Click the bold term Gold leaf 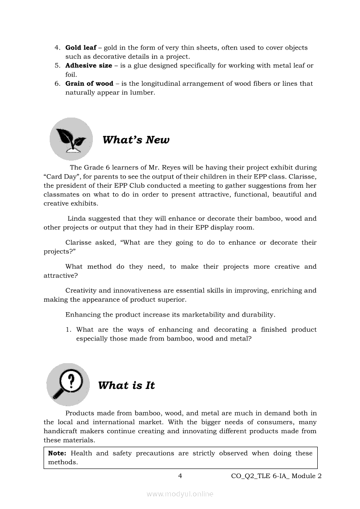[x=81, y=47]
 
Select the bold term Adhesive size [x=88, y=65]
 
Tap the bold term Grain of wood [x=89, y=83]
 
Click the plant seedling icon [x=71, y=139]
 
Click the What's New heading [x=136, y=140]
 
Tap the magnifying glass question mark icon [x=68, y=384]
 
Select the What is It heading [x=126, y=385]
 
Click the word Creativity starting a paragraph [x=82, y=290]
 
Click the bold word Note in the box [x=57, y=453]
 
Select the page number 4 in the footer [x=180, y=476]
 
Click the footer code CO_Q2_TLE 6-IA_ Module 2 [x=276, y=476]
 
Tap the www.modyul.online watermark [x=180, y=494]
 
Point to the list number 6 [x=57, y=84]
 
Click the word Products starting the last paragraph [x=80, y=413]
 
